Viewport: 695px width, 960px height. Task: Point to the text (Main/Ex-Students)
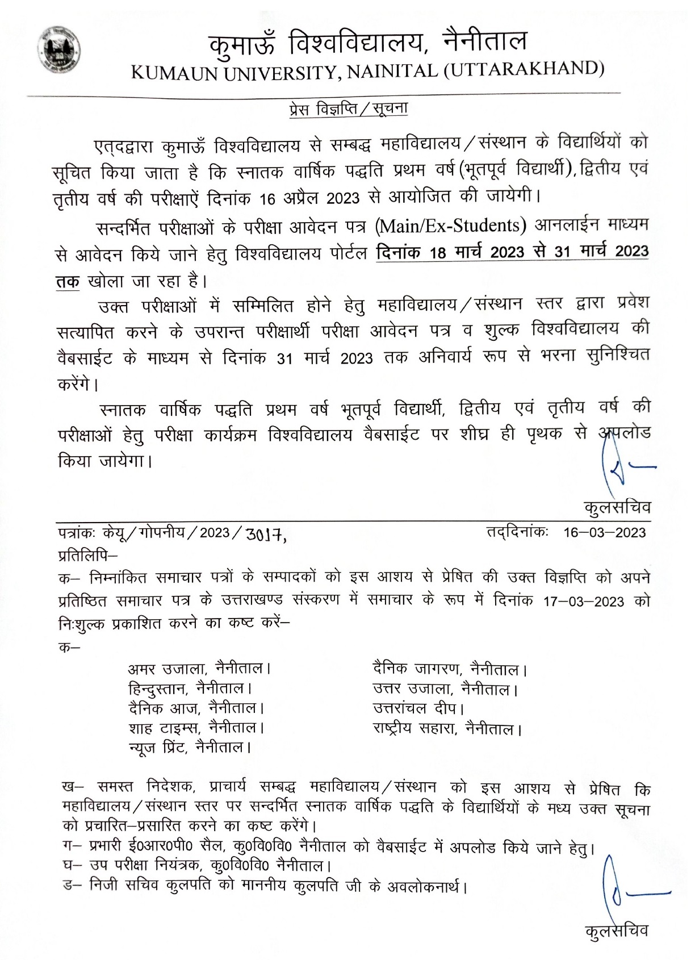tap(449, 226)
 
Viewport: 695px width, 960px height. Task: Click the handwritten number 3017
tap(265, 535)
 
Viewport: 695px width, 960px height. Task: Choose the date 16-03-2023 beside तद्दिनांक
tap(604, 532)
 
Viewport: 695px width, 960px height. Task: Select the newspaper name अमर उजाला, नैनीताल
tap(199, 668)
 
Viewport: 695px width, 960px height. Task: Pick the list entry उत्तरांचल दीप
tap(418, 708)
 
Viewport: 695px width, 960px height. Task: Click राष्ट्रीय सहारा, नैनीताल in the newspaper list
tap(446, 728)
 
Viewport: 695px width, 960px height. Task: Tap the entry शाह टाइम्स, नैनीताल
tap(196, 728)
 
